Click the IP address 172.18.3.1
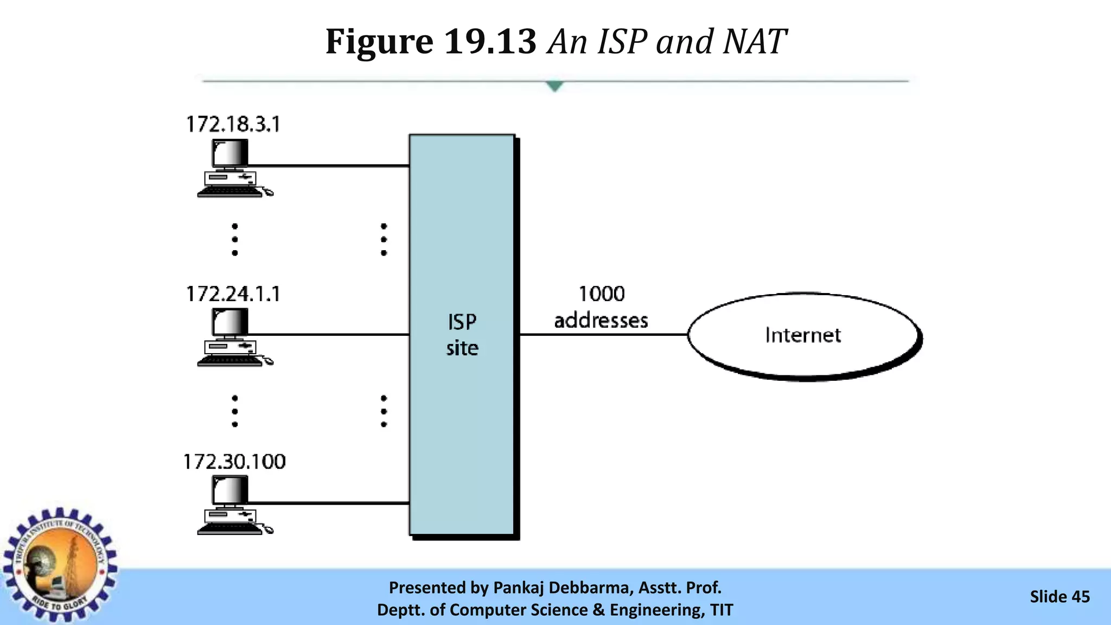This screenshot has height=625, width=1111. (x=233, y=124)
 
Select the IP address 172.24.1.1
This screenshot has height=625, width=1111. (x=233, y=294)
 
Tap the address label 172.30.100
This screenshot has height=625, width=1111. (x=234, y=462)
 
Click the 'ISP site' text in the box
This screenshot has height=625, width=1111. (x=462, y=335)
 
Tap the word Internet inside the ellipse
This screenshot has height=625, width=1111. (x=803, y=335)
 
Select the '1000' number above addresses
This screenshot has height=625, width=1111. (x=602, y=294)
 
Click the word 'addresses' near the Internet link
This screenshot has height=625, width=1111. (x=601, y=321)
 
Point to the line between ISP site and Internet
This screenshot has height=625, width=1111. (x=602, y=335)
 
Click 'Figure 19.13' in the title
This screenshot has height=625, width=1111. (x=431, y=42)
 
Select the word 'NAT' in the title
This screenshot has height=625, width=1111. (x=755, y=42)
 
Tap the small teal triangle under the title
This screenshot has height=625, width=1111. (x=554, y=86)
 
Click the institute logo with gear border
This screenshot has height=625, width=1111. (x=60, y=564)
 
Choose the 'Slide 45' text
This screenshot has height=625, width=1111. (x=1059, y=597)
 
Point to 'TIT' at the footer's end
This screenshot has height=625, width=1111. (x=721, y=610)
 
